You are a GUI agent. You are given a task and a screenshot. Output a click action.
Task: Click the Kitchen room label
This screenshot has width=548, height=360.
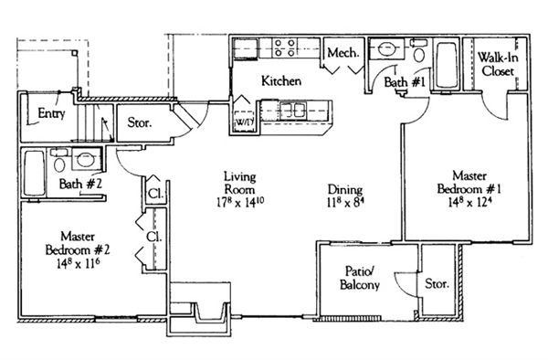coord(281,81)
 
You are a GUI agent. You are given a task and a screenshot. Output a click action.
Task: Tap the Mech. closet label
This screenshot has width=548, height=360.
coord(343,53)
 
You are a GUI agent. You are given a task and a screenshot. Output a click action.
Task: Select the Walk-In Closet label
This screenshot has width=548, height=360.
coord(498,64)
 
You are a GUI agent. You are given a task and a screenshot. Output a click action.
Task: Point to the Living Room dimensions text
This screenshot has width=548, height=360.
coord(240,203)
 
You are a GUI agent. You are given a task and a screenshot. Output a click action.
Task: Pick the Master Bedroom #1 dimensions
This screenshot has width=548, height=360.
coord(469,202)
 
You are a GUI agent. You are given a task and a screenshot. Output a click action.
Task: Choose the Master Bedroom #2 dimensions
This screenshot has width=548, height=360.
coord(78,263)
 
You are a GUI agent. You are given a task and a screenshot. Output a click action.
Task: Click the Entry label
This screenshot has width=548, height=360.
coord(51,113)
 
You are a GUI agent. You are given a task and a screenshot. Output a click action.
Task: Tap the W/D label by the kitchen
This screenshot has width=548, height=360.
coord(244,122)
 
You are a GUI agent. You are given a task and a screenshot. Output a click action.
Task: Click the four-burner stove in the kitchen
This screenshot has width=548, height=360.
coord(284,48)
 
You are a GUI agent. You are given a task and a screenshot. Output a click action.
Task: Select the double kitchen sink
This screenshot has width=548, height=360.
coord(293,111)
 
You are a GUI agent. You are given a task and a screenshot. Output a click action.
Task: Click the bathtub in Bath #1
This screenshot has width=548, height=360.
coord(447,66)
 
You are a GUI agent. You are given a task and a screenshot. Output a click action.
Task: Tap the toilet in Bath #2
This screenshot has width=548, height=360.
coord(59,161)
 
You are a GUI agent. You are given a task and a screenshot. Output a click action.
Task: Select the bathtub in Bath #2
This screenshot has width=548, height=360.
coord(35,173)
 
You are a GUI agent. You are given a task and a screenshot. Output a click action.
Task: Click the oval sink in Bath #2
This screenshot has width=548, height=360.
coord(85,160)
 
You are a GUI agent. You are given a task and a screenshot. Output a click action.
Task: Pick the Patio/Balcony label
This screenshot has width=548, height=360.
coord(360,278)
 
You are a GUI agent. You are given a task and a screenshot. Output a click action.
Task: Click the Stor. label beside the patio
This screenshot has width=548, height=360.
coord(437,283)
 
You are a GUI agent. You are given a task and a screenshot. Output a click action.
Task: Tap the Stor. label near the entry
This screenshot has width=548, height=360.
coord(140,122)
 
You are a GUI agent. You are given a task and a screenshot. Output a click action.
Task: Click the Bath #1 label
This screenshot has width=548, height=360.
coord(405,82)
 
